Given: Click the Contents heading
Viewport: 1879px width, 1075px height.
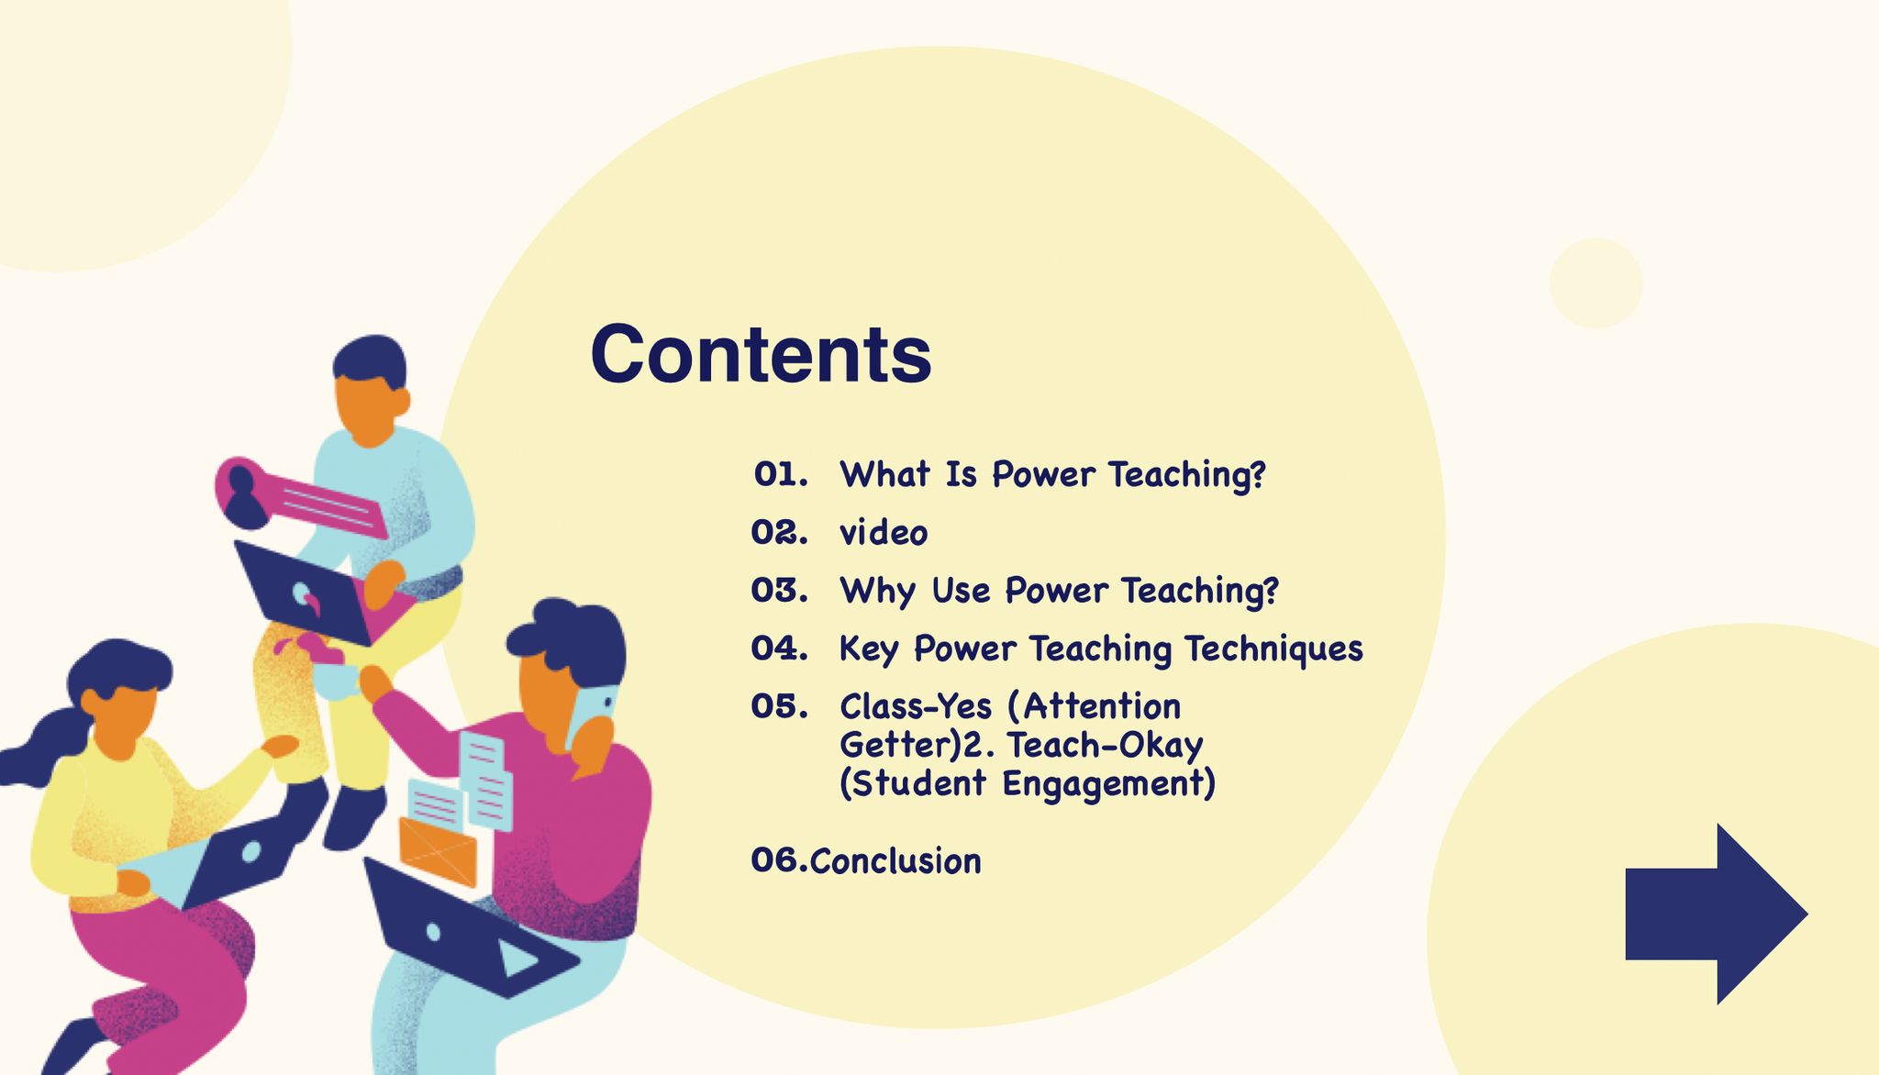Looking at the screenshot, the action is pos(761,354).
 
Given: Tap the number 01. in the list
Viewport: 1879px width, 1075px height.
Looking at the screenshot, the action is pos(781,474).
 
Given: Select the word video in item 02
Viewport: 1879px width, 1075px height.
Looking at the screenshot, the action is pos(884,532).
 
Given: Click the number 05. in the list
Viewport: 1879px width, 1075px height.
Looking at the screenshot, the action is pos(780,706).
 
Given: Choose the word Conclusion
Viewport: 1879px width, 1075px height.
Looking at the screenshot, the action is pos(895,861).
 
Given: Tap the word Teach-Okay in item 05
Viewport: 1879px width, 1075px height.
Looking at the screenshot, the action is pos(1105,746).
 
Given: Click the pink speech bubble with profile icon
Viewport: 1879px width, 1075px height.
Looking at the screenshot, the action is pos(298,497).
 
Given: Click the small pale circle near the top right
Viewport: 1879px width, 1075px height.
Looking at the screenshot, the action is pos(1595,283).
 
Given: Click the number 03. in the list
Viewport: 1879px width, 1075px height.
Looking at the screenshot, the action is pos(780,590).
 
